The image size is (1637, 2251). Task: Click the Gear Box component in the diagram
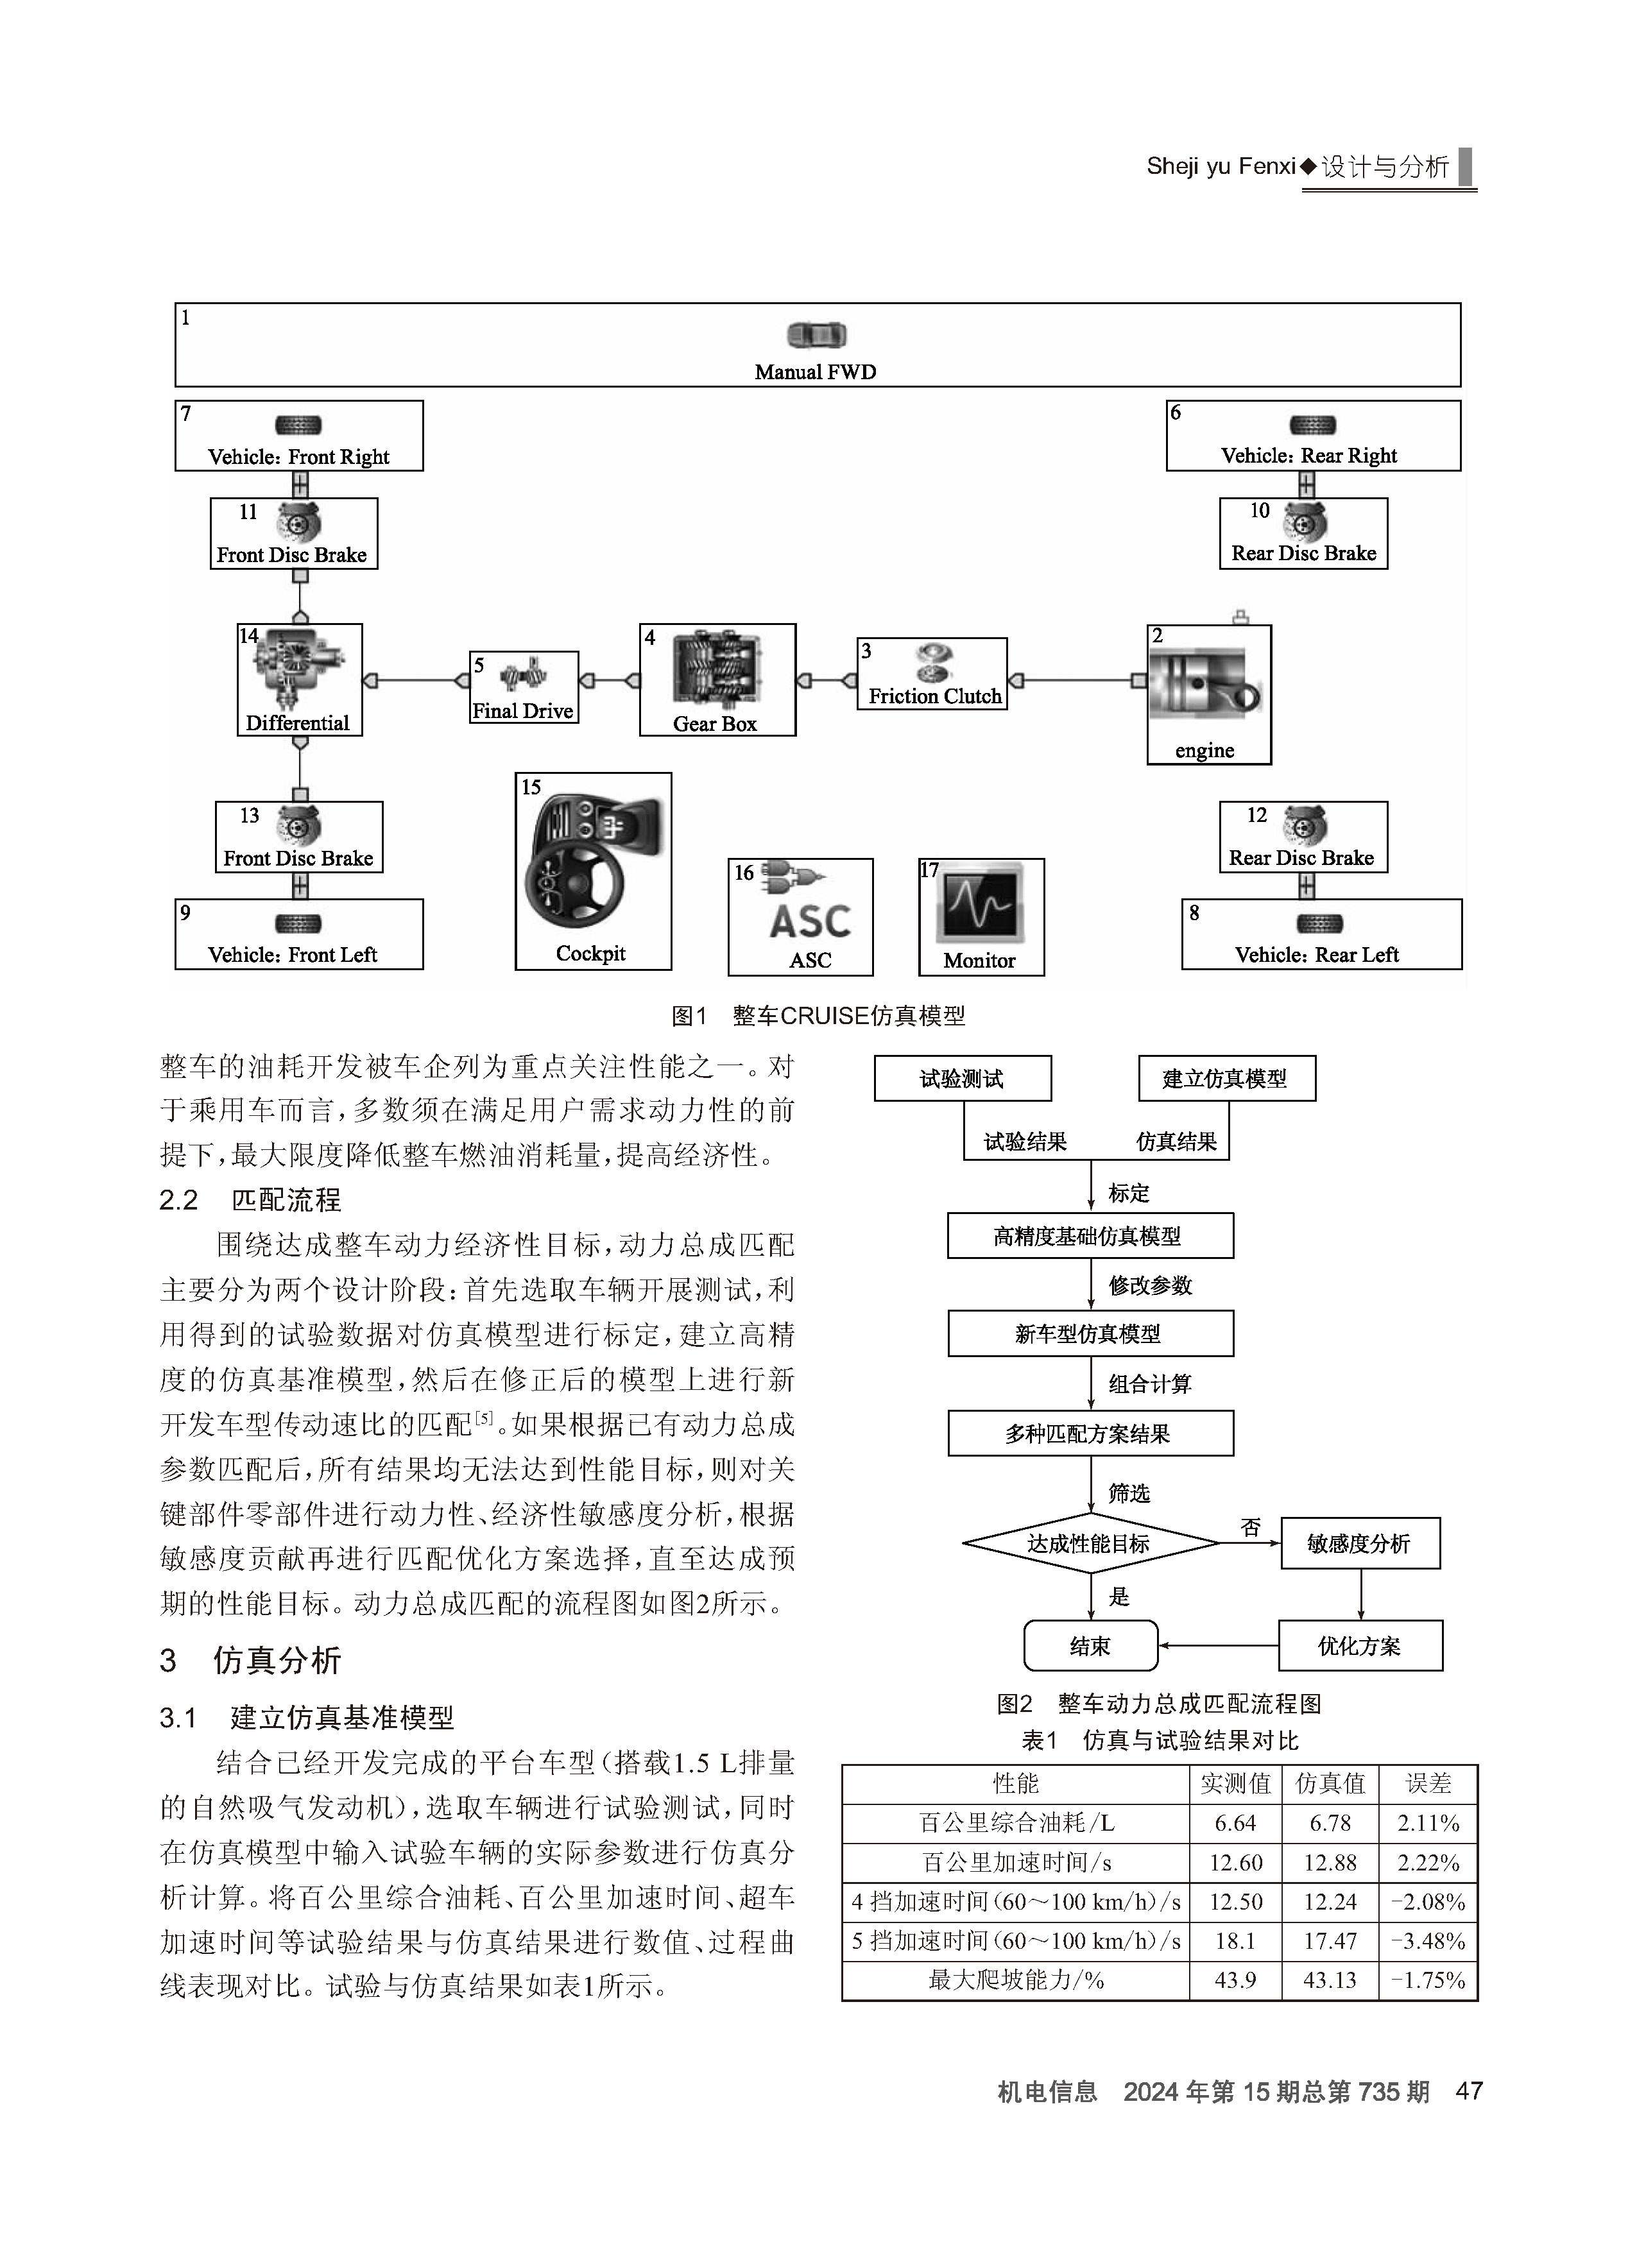(x=717, y=680)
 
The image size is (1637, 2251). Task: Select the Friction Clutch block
(x=932, y=674)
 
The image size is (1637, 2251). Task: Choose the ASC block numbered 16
(x=801, y=917)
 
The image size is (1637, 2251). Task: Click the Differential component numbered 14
(x=300, y=680)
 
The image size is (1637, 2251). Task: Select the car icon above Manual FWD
(x=816, y=336)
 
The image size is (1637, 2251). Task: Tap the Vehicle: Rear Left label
(x=1316, y=955)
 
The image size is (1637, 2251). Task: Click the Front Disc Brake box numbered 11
(x=294, y=533)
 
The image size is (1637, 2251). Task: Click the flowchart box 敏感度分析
(x=1360, y=1543)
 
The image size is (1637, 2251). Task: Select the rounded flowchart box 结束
(x=1091, y=1645)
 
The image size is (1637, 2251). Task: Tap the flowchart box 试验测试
(x=962, y=1079)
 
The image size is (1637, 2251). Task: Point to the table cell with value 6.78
(x=1330, y=1823)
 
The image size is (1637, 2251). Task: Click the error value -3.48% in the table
(x=1428, y=1940)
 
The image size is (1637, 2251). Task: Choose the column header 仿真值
(x=1330, y=1783)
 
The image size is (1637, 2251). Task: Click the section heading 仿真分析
(x=277, y=1661)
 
